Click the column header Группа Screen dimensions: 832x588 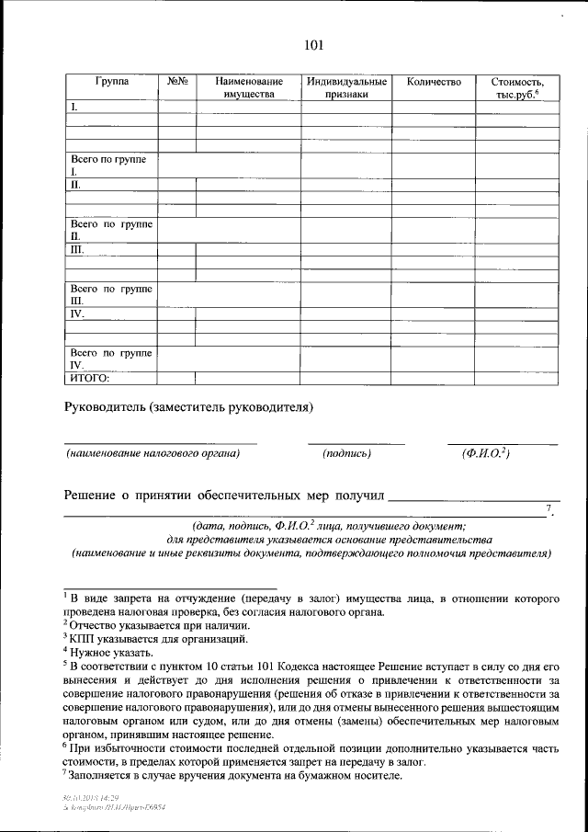[x=111, y=82]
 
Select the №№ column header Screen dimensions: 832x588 [x=177, y=82]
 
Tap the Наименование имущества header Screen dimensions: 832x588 [x=249, y=87]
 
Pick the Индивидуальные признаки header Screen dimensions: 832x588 [x=346, y=87]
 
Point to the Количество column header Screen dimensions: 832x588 [x=434, y=82]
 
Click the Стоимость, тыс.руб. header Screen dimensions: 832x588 [x=517, y=87]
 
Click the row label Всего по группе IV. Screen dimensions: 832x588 [x=110, y=359]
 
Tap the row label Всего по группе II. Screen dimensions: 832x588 [x=110, y=230]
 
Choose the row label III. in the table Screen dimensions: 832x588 [x=77, y=249]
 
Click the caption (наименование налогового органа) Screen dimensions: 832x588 [x=152, y=453]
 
